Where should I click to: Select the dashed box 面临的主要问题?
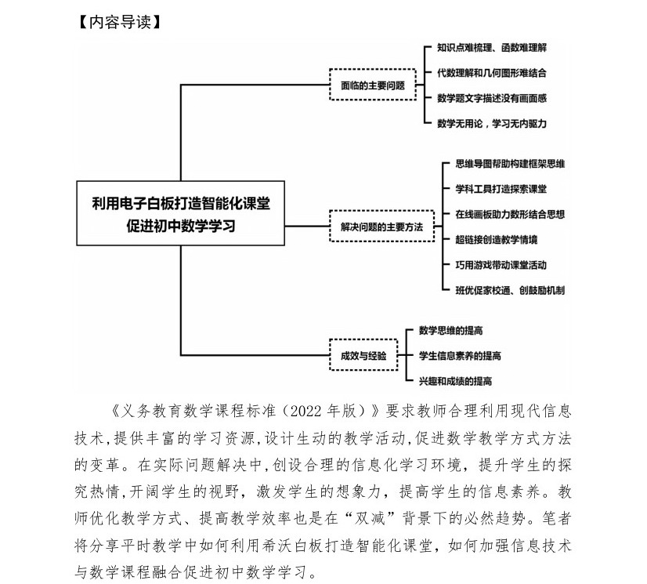(x=372, y=85)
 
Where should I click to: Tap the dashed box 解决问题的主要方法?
(x=381, y=227)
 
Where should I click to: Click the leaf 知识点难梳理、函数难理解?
(x=491, y=47)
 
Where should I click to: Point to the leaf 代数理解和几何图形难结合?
(x=491, y=72)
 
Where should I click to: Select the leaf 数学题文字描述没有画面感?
(x=491, y=98)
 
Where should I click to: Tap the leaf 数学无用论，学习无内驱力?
(x=491, y=123)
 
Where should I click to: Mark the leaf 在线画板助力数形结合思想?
(x=510, y=214)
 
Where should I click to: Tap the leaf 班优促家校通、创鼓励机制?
(x=510, y=290)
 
